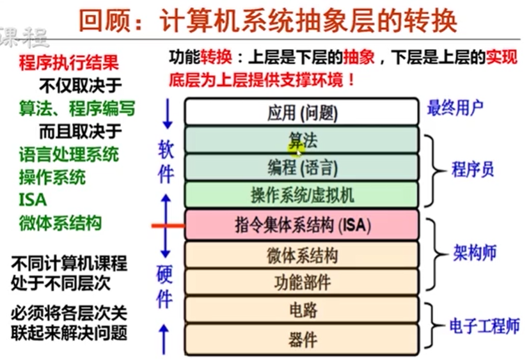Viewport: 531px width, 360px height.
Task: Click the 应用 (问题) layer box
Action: click(x=302, y=113)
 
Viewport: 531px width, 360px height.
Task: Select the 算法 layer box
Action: click(x=302, y=140)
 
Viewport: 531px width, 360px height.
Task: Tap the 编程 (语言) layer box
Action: click(x=302, y=168)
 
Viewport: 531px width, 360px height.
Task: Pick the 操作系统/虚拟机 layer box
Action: click(x=302, y=195)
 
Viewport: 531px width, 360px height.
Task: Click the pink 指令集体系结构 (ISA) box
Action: click(x=302, y=225)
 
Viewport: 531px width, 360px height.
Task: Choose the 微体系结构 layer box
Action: click(x=302, y=255)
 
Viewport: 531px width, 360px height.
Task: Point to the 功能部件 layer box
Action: click(x=302, y=282)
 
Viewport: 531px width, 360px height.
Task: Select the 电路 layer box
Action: click(x=302, y=311)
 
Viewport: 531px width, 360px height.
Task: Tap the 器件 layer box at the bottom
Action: click(x=302, y=338)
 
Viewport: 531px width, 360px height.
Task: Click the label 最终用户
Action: click(x=456, y=107)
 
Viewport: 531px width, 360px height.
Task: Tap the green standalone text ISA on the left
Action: click(x=33, y=200)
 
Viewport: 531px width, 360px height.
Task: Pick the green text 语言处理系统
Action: click(x=69, y=154)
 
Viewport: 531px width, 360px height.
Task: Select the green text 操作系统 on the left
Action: click(x=52, y=177)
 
